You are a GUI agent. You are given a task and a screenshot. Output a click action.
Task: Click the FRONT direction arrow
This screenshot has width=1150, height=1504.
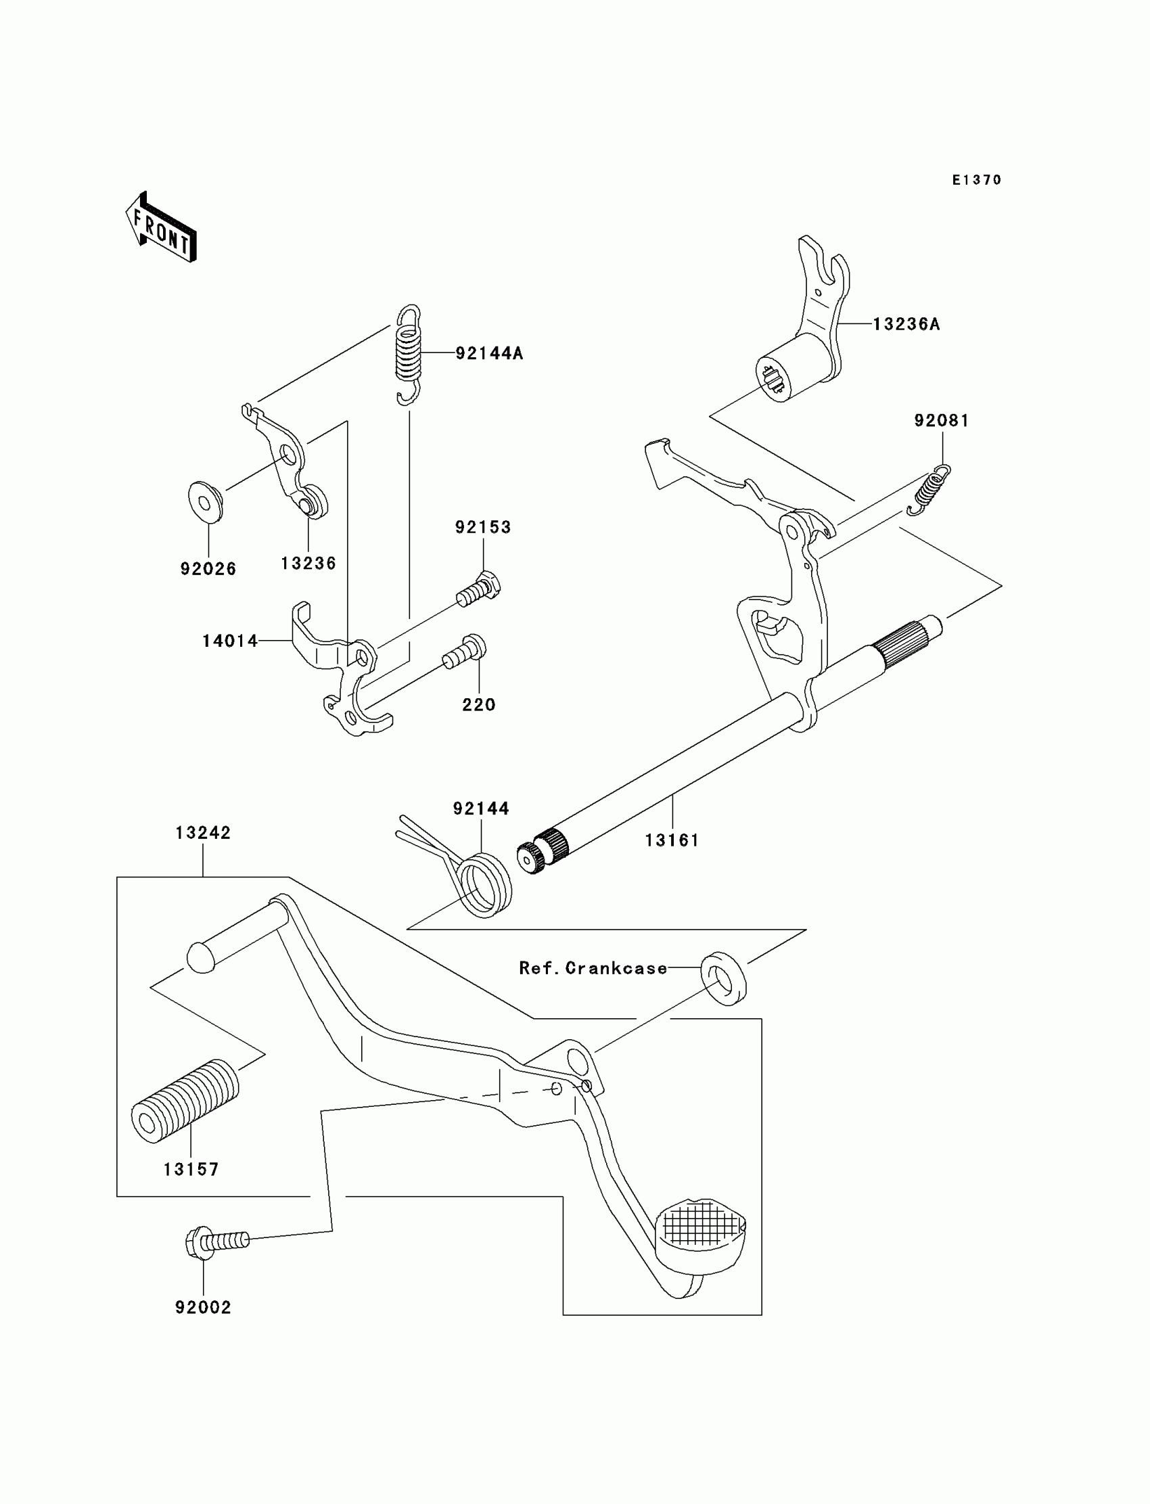[x=162, y=229]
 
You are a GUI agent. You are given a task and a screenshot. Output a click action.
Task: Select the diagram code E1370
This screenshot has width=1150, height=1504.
[x=976, y=180]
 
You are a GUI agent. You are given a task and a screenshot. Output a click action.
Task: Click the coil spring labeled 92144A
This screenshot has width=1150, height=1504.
[x=409, y=353]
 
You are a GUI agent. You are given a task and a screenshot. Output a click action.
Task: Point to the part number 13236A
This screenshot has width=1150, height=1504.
[x=906, y=325]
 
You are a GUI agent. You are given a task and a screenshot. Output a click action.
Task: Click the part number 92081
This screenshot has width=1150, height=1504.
[x=941, y=420]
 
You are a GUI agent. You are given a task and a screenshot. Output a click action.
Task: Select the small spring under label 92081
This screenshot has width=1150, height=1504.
[x=929, y=489]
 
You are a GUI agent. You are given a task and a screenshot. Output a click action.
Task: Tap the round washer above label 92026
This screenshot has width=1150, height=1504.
[x=205, y=502]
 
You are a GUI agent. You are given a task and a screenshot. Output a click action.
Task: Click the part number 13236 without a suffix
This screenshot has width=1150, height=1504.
[x=308, y=564]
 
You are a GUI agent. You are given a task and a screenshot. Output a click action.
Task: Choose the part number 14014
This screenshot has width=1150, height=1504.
[x=230, y=641]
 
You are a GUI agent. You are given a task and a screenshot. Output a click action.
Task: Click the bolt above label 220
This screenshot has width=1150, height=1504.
[x=465, y=651]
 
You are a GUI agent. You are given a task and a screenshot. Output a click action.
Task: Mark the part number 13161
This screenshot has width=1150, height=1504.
[x=672, y=840]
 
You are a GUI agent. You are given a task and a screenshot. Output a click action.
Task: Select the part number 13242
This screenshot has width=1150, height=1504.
[x=204, y=833]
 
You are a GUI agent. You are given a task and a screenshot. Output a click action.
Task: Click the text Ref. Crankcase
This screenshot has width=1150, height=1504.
[x=593, y=968]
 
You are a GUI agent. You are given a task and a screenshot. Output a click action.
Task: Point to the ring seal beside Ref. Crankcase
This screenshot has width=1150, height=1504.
[x=723, y=977]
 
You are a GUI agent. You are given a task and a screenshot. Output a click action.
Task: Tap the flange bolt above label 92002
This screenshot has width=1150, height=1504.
[x=216, y=1241]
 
